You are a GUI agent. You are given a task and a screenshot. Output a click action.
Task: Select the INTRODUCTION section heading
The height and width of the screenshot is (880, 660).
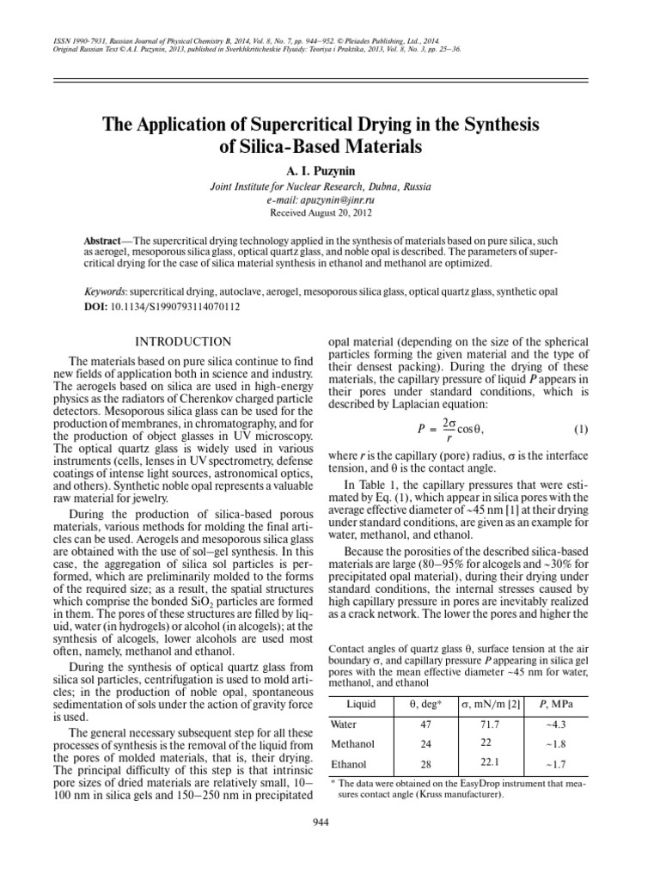185,342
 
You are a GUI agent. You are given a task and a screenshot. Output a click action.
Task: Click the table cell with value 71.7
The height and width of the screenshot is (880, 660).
488,724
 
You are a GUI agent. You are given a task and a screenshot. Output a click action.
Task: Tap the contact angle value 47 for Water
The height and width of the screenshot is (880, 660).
425,725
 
